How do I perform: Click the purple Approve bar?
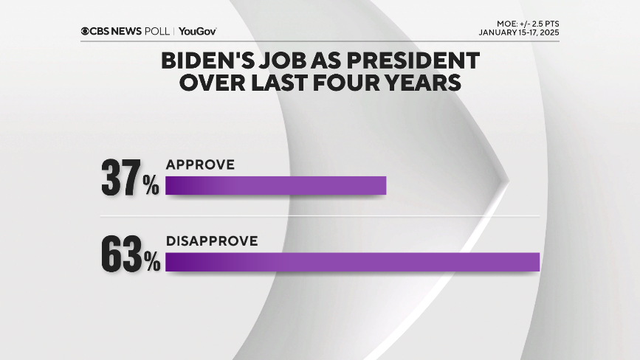tap(275, 185)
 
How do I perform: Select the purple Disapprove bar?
tap(352, 262)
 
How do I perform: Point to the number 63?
tap(121, 255)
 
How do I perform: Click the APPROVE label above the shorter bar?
tap(200, 165)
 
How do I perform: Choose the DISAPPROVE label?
tap(211, 241)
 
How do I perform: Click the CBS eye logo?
tap(86, 31)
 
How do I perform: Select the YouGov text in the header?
tap(197, 31)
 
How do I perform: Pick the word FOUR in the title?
tap(355, 83)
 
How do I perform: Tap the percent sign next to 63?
tap(152, 262)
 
